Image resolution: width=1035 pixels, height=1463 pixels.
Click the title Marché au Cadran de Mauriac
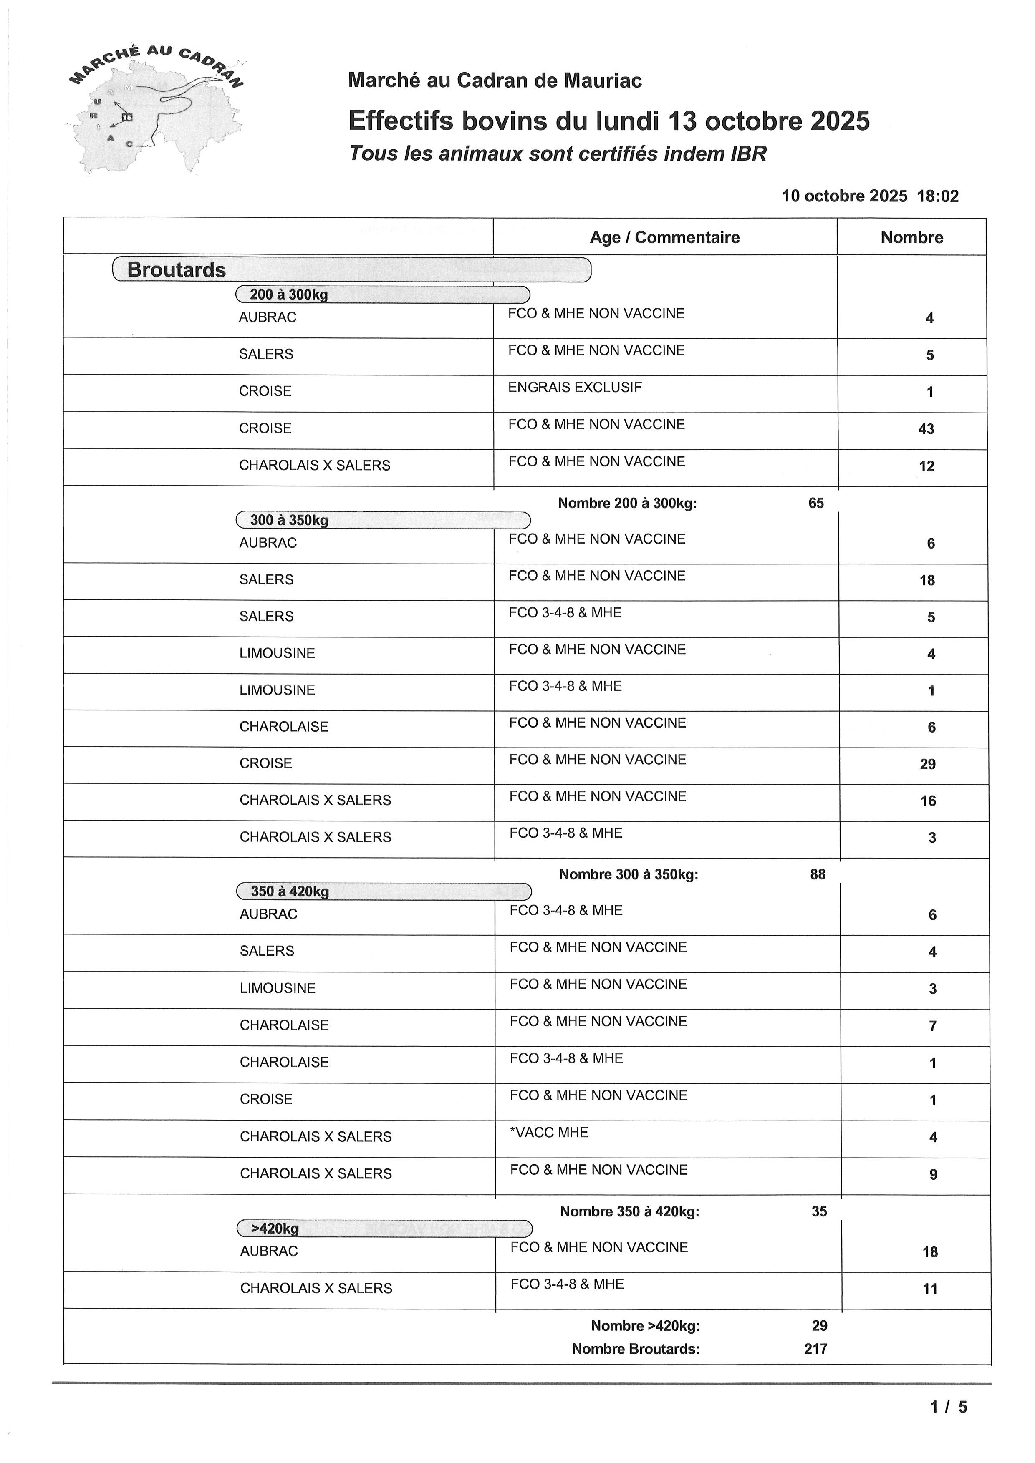pos(495,80)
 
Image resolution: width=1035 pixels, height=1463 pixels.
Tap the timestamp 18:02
pos(937,196)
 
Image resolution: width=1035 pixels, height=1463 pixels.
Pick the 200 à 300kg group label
pos(289,295)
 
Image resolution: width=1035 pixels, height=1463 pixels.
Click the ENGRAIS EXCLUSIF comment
pos(575,388)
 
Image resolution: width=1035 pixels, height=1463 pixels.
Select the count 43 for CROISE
pos(926,429)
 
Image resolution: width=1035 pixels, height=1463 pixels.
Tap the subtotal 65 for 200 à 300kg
pos(816,504)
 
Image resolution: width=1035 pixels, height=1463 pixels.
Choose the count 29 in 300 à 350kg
pos(927,764)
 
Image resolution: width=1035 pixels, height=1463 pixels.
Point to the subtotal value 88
pos(818,874)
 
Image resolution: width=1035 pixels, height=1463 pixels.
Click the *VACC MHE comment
pos(549,1132)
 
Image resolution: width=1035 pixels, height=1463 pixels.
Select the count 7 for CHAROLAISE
pos(932,1026)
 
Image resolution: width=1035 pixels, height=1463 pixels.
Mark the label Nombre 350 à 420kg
pos(629,1211)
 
